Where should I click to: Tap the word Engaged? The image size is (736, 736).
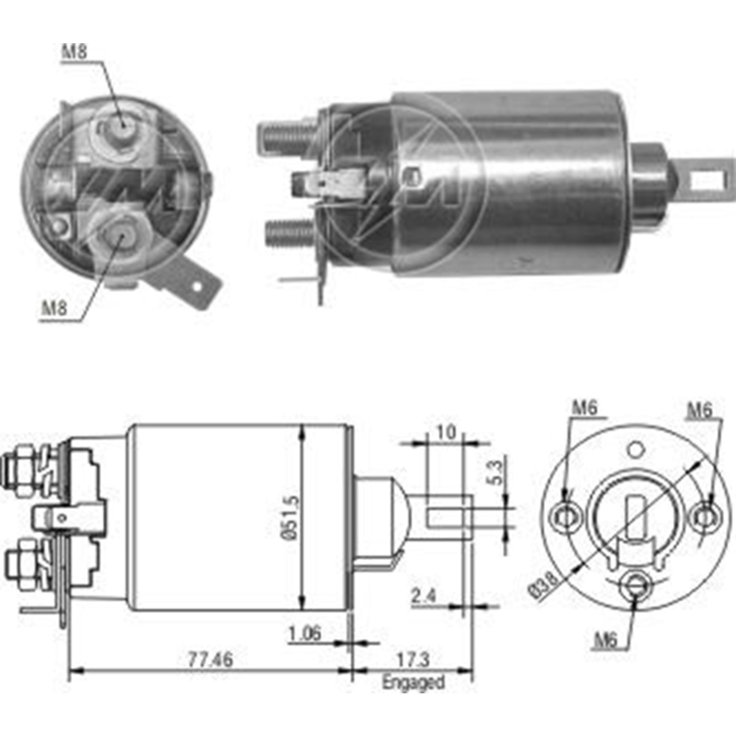pyautogui.click(x=413, y=683)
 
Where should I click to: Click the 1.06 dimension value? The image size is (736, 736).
pyautogui.click(x=305, y=633)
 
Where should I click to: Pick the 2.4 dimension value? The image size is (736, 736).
pyautogui.click(x=423, y=596)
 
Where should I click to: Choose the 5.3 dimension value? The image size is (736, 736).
pyautogui.click(x=496, y=472)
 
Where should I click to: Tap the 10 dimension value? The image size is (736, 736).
pyautogui.click(x=446, y=432)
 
